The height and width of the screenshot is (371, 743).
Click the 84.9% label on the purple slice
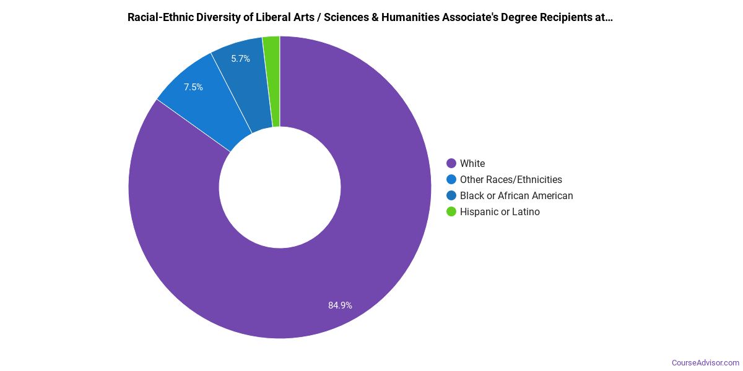click(x=340, y=305)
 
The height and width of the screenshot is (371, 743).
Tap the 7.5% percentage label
click(x=193, y=87)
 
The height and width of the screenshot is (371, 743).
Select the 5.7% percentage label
click(x=240, y=59)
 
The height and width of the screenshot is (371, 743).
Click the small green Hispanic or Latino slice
click(x=272, y=80)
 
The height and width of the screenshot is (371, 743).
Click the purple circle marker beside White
click(x=451, y=163)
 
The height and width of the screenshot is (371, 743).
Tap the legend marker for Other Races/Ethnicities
click(x=451, y=179)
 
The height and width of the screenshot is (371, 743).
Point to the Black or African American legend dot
click(x=451, y=195)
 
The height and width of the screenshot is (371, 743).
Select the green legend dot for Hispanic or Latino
click(x=451, y=211)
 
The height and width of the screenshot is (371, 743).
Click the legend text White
click(x=472, y=163)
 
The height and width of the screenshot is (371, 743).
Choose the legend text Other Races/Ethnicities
click(x=511, y=179)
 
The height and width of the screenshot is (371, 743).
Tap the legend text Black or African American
click(x=516, y=195)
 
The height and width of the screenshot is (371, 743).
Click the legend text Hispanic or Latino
click(x=500, y=211)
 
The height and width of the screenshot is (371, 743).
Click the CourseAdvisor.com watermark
click(x=705, y=362)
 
